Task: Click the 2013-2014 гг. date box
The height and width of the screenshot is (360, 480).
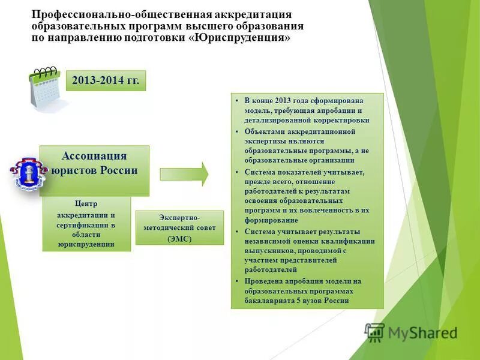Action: pyautogui.click(x=106, y=81)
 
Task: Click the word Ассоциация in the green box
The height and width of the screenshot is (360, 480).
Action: pyautogui.click(x=94, y=156)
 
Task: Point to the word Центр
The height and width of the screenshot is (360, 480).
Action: pyautogui.click(x=86, y=203)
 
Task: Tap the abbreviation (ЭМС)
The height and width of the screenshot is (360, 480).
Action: pyautogui.click(x=179, y=238)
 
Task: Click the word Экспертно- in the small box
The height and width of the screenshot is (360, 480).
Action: pyautogui.click(x=179, y=217)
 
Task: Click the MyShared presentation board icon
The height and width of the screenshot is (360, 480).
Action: pyautogui.click(x=374, y=332)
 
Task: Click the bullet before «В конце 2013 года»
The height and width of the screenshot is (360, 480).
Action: pyautogui.click(x=238, y=100)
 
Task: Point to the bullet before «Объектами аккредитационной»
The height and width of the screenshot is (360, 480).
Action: pyautogui.click(x=238, y=131)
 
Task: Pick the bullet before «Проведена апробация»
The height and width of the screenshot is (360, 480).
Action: pyautogui.click(x=238, y=281)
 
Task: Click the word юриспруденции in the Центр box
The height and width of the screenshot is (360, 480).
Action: pyautogui.click(x=86, y=244)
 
